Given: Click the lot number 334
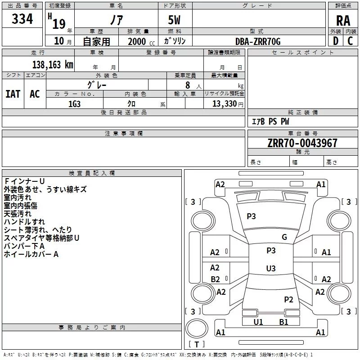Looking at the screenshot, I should click(x=22, y=19).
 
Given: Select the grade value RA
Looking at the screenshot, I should click(x=343, y=20).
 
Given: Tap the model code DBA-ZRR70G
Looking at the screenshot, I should click(x=258, y=41).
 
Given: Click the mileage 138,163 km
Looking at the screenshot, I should click(x=53, y=64).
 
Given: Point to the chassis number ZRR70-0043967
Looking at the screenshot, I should click(x=302, y=143).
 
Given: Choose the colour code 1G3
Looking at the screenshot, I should click(x=74, y=103).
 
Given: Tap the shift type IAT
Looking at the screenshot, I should click(x=13, y=94).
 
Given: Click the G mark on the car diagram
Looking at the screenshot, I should click(x=284, y=237).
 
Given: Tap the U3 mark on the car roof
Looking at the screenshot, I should click(x=270, y=268).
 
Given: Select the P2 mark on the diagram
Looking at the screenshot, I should click(x=288, y=299).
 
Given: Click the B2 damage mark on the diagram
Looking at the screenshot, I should click(x=215, y=279).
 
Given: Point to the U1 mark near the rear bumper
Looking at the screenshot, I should click(x=258, y=322).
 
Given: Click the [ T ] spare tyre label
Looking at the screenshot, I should click(x=197, y=344).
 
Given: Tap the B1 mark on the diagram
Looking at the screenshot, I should click(x=283, y=322).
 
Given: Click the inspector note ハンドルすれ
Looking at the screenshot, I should click(x=24, y=221).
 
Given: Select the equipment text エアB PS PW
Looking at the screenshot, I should click(x=270, y=121).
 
